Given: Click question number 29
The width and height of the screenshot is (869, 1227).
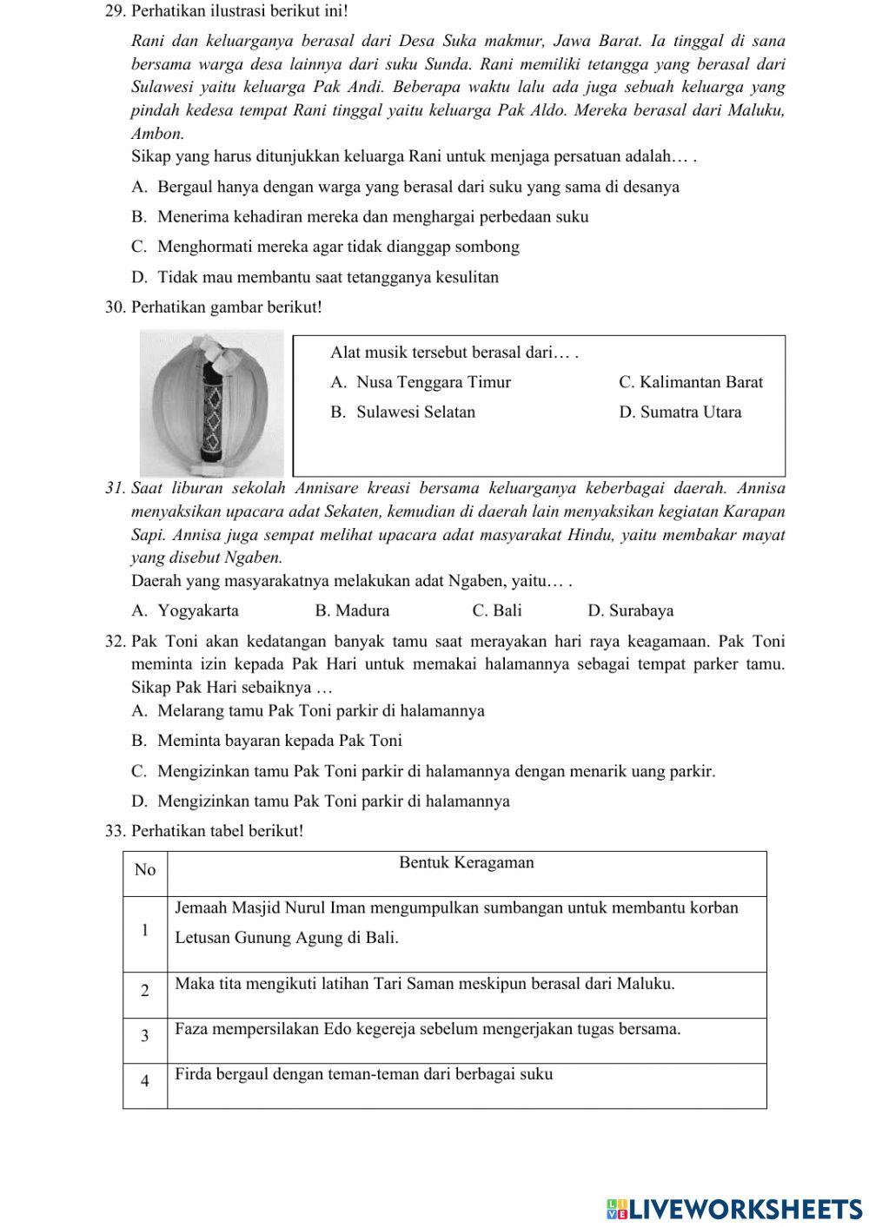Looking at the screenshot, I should [x=115, y=13].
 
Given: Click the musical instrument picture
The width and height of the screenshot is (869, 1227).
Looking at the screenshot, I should [x=211, y=403].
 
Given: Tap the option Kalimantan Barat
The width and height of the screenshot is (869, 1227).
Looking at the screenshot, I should [x=690, y=383].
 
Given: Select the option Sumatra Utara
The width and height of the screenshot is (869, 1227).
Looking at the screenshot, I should [x=680, y=412].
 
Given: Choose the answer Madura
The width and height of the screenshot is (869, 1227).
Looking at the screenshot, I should [x=352, y=611].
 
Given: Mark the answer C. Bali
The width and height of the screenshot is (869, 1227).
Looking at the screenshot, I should [x=497, y=611].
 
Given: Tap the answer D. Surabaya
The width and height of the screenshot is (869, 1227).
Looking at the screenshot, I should [x=630, y=611].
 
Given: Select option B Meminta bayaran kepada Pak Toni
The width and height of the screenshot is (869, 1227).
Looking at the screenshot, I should [x=267, y=742].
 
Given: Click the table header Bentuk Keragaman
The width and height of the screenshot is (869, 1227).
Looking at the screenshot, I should [x=467, y=863].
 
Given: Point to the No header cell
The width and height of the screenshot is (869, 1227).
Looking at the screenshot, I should [x=145, y=870].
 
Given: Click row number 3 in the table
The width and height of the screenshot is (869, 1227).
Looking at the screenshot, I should [x=145, y=1036].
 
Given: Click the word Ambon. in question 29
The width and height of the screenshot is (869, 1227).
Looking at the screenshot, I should [x=157, y=135].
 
